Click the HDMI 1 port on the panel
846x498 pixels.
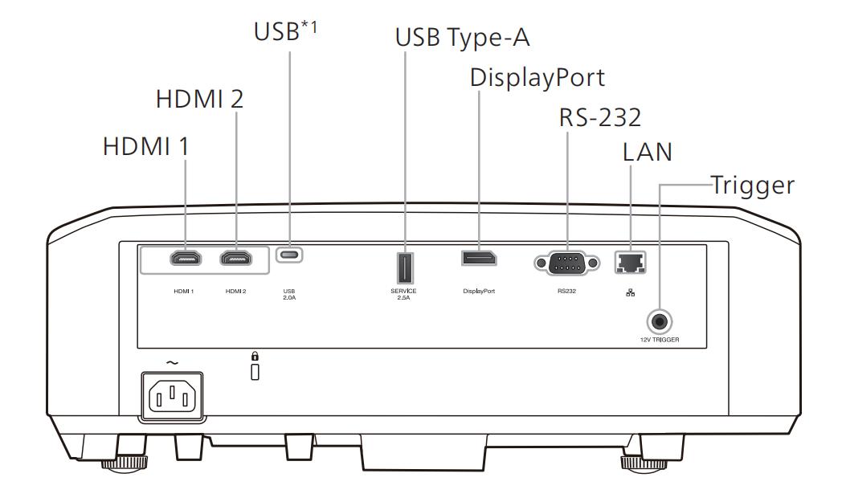click(x=186, y=259)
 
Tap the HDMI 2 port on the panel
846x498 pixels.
click(x=235, y=259)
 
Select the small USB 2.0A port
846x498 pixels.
click(x=289, y=254)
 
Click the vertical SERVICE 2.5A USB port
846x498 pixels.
click(x=405, y=268)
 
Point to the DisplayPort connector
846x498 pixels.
click(x=479, y=258)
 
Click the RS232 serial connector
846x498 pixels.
click(x=566, y=263)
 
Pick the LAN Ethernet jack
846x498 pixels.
click(x=630, y=263)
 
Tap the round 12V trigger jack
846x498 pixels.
click(x=659, y=322)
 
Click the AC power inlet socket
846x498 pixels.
click(x=173, y=396)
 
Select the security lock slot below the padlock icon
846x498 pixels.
click(x=255, y=372)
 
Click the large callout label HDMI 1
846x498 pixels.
click(x=145, y=147)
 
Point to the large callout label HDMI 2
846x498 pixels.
click(x=199, y=100)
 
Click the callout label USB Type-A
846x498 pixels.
click(x=463, y=38)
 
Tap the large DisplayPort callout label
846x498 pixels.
click(x=537, y=78)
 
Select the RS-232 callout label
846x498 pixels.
click(x=600, y=117)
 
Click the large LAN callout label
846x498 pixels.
click(x=648, y=152)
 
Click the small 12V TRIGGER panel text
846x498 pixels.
click(x=660, y=340)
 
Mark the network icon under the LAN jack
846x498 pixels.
click(x=630, y=292)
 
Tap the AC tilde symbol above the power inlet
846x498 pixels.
click(x=172, y=363)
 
